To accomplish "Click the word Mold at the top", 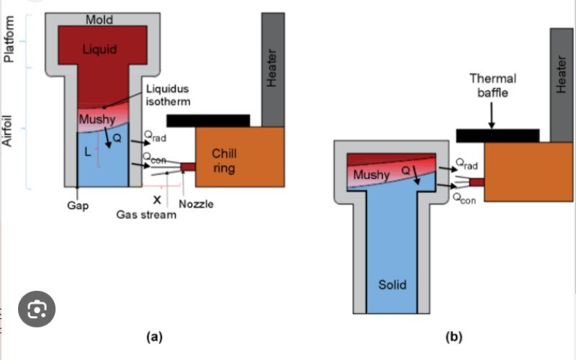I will pyautogui.click(x=99, y=19).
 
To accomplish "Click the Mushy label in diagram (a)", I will pyautogui.click(x=96, y=119).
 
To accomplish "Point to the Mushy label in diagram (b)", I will pyautogui.click(x=372, y=174).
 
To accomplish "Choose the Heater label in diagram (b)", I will pyautogui.click(x=562, y=76).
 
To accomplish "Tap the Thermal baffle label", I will pyautogui.click(x=492, y=85).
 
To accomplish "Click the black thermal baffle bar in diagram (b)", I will pyautogui.click(x=498, y=135).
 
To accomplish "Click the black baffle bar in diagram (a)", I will pyautogui.click(x=208, y=120).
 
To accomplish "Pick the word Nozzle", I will pyautogui.click(x=195, y=204).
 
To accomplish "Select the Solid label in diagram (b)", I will pyautogui.click(x=392, y=284).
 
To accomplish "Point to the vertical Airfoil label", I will pyautogui.click(x=9, y=130).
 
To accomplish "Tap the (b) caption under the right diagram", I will pyautogui.click(x=454, y=336).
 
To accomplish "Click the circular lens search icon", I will pyautogui.click(x=37, y=310).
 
